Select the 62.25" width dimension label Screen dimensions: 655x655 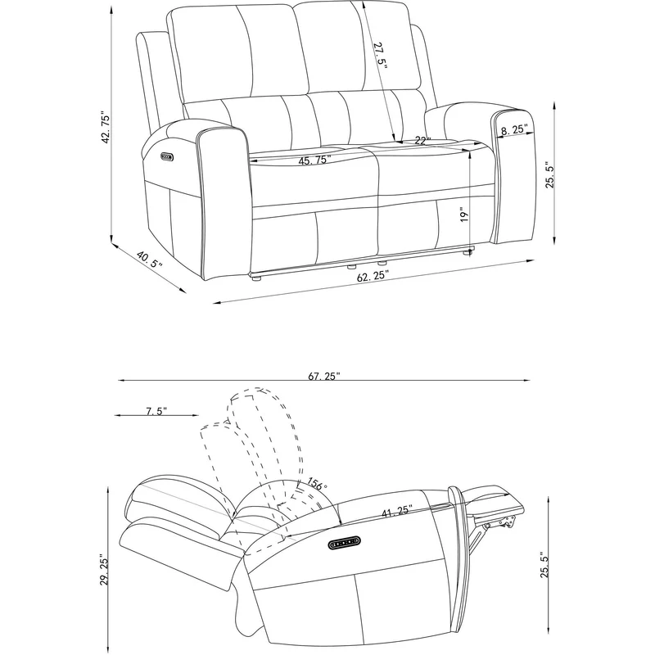[x=373, y=276]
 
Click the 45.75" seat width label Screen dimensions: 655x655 [x=314, y=160]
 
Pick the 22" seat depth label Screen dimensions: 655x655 [x=422, y=141]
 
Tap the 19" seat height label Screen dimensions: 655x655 [x=464, y=215]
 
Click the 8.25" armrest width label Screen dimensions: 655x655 [x=515, y=129]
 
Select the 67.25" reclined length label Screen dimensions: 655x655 [x=324, y=377]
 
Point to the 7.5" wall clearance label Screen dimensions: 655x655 [x=156, y=411]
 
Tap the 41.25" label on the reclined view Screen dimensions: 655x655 [x=397, y=511]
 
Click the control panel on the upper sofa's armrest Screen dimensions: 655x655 [x=167, y=156]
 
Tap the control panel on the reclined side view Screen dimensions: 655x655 [x=345, y=542]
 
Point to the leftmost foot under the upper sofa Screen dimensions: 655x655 [x=255, y=278]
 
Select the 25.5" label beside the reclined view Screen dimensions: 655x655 [x=545, y=564]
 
